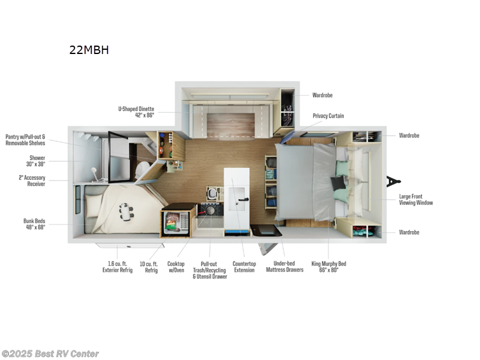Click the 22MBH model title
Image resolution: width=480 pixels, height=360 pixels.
coord(89,50)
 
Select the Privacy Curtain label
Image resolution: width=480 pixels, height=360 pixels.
coord(328,116)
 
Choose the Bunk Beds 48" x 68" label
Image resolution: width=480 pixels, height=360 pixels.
coord(34,224)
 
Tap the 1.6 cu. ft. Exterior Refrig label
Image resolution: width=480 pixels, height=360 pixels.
coord(115,267)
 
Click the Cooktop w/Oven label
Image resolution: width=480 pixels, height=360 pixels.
coord(176,267)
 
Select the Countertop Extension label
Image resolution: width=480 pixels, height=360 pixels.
coord(244,267)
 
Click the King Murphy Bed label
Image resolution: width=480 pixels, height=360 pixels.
coord(328,267)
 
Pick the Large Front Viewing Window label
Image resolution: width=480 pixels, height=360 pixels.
coord(416,200)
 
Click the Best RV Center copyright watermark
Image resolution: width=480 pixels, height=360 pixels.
coord(50,354)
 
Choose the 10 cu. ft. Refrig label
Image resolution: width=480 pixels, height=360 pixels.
coord(148,267)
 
